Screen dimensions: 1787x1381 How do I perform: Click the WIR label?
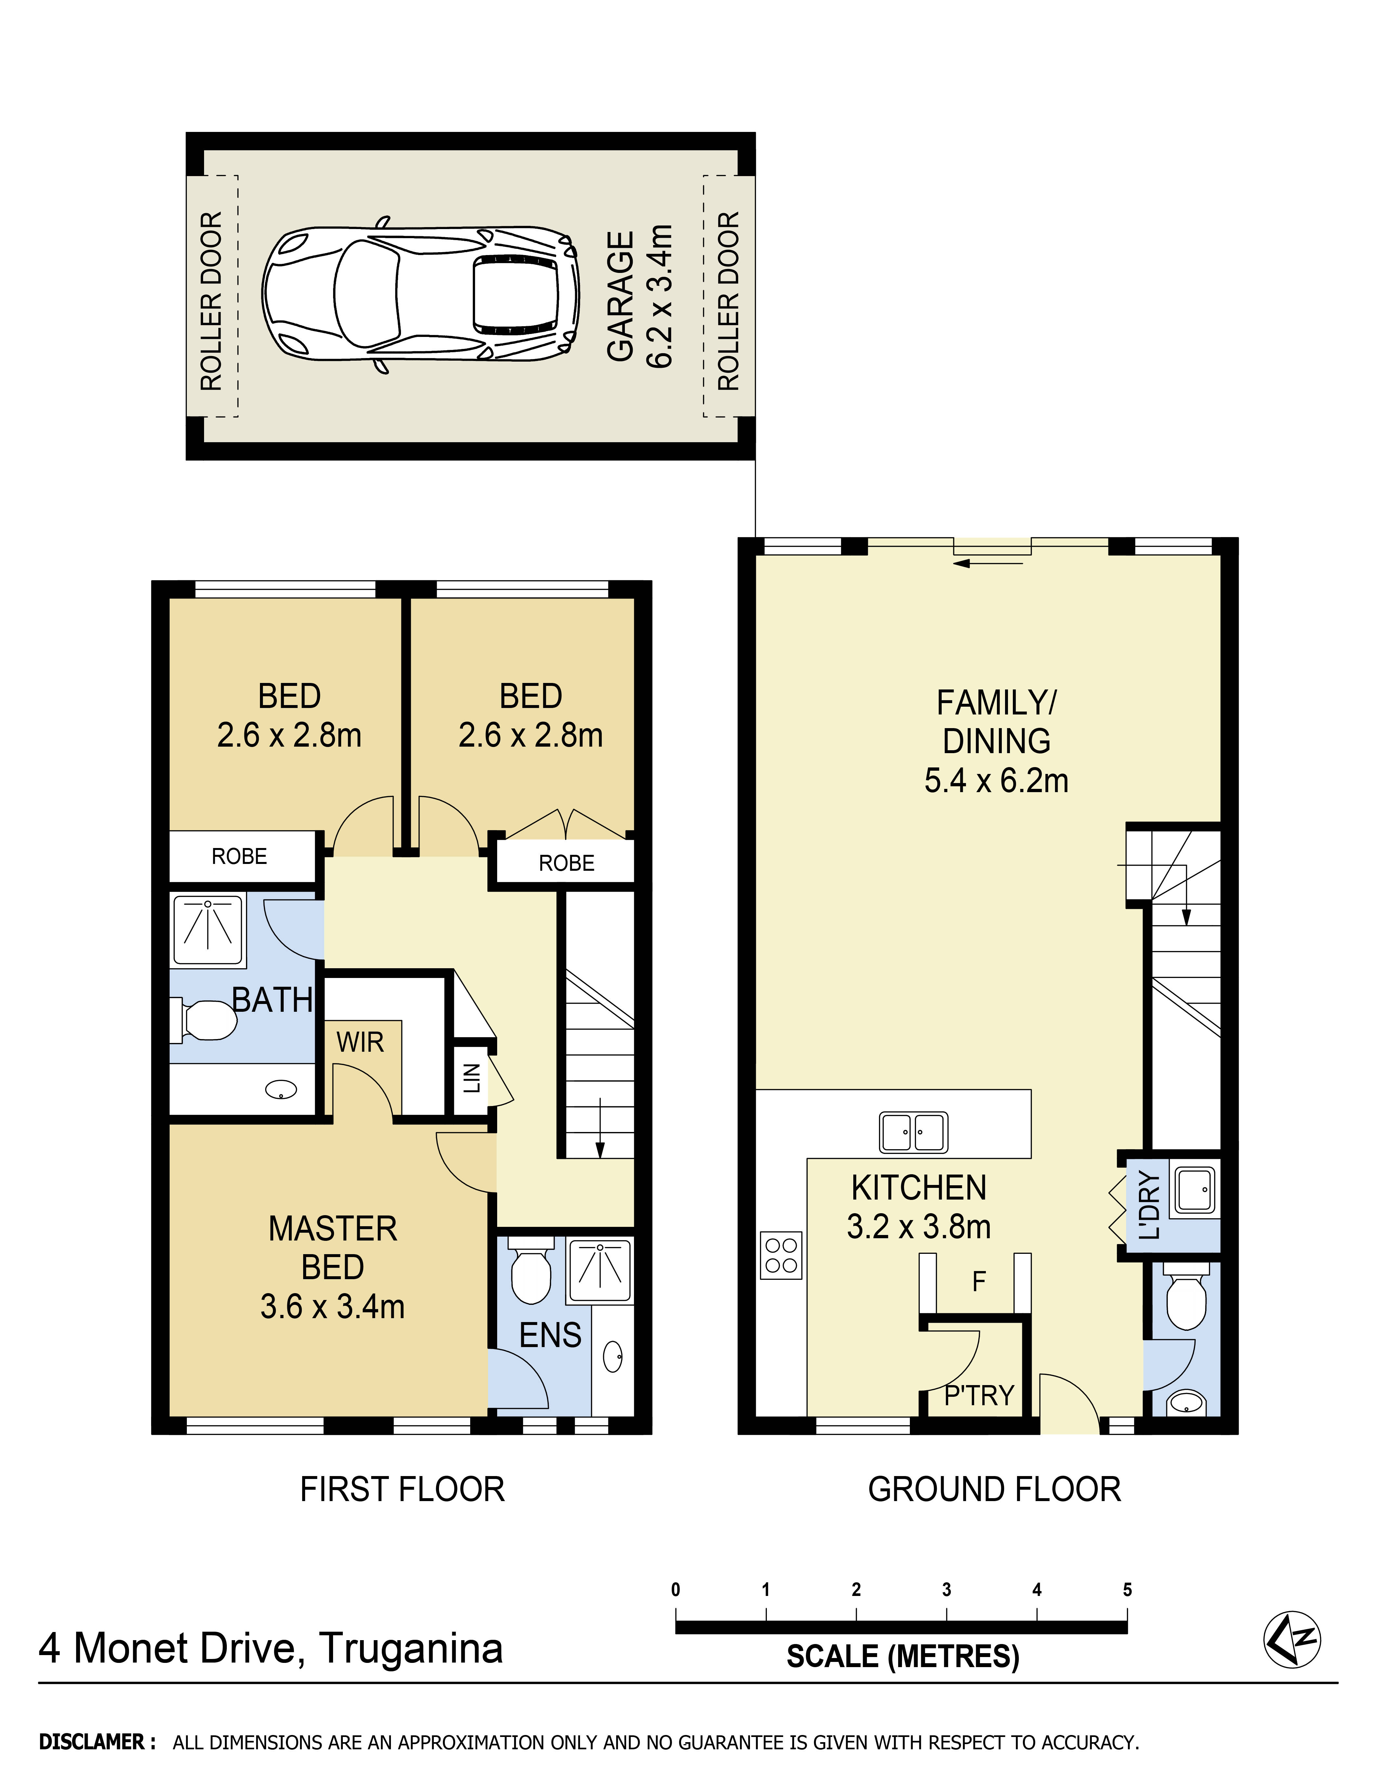(360, 1042)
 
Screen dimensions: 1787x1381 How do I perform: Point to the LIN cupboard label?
(472, 1078)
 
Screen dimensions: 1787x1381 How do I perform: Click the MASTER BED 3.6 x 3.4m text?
(332, 1266)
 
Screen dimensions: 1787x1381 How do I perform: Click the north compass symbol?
(1292, 1639)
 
